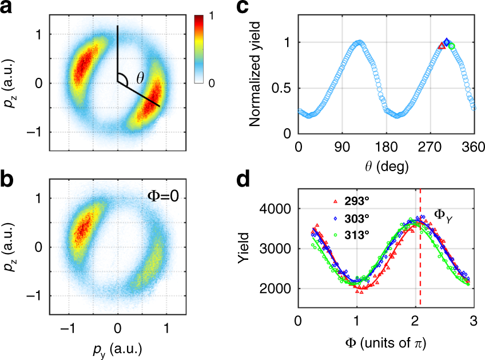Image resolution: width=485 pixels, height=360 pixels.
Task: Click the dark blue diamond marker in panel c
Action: pos(447,43)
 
